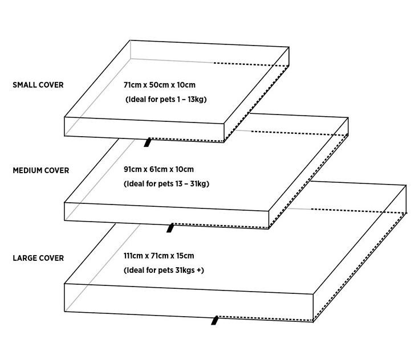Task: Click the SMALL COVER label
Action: click(x=38, y=85)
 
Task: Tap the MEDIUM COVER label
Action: click(x=40, y=170)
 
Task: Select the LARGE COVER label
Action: click(x=38, y=258)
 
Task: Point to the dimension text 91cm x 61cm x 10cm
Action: click(x=159, y=169)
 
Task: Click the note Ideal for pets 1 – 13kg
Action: click(x=165, y=100)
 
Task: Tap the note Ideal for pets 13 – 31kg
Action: click(x=167, y=184)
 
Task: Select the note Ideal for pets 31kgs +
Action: click(x=164, y=271)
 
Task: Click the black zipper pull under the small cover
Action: click(x=148, y=142)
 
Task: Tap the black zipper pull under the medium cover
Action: click(x=169, y=228)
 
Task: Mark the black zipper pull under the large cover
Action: click(x=215, y=320)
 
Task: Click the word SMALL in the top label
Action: click(x=25, y=85)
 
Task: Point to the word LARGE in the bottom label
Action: click(x=25, y=258)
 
